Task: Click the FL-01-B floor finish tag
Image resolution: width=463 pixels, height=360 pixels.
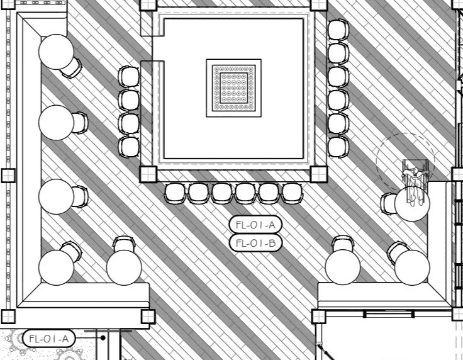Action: (x=255, y=243)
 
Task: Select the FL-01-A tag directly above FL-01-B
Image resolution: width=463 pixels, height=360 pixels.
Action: (x=255, y=225)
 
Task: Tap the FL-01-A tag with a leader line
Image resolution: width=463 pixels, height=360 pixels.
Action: (x=48, y=339)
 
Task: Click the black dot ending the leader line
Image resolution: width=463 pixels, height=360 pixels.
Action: (x=103, y=337)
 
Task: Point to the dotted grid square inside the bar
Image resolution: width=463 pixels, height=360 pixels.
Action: (x=234, y=88)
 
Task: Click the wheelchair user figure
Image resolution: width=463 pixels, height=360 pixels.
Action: (x=416, y=182)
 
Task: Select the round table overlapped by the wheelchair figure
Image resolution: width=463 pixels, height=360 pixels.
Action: (x=412, y=204)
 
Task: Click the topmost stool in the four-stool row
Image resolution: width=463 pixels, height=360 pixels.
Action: (x=129, y=77)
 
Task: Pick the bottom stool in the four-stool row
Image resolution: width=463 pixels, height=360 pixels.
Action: (x=129, y=147)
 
